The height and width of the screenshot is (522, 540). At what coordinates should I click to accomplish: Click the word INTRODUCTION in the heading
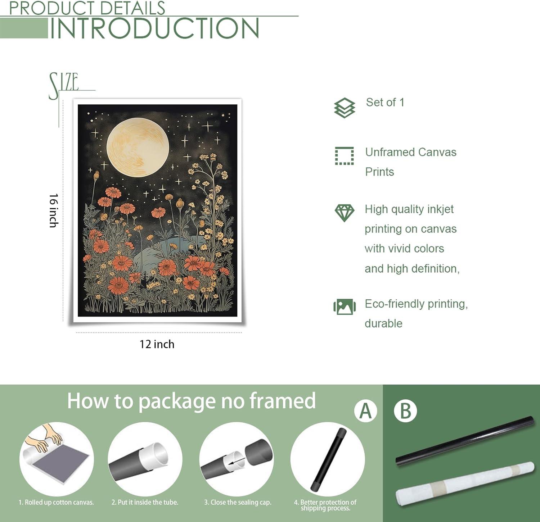pos(154,28)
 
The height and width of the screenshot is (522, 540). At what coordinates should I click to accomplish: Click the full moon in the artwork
pos(138,147)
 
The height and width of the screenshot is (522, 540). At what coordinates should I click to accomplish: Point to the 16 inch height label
pos(54,210)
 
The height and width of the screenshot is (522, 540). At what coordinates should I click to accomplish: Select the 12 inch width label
pos(157,344)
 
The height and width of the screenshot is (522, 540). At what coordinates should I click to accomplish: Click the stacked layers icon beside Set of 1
pos(345,108)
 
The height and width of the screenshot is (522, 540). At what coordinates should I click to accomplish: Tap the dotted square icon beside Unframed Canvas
pos(345,156)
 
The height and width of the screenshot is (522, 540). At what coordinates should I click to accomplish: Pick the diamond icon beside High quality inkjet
pos(345,213)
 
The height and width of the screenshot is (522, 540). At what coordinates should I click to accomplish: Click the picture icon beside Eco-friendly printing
pos(345,307)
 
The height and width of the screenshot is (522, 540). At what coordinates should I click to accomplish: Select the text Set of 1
pos(385,102)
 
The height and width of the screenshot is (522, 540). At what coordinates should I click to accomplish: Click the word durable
pos(383,323)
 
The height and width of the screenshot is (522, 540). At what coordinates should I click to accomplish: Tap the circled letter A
pos(365,411)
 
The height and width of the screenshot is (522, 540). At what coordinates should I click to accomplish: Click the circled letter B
pos(405,411)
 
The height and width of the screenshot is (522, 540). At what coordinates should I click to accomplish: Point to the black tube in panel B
pos(464,441)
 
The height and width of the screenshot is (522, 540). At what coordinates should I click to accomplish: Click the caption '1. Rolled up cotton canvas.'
pos(56,502)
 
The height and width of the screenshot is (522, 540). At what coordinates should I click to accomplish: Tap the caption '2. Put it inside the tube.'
pos(145,502)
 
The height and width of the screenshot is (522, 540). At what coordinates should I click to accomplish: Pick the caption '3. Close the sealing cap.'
pos(238,502)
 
